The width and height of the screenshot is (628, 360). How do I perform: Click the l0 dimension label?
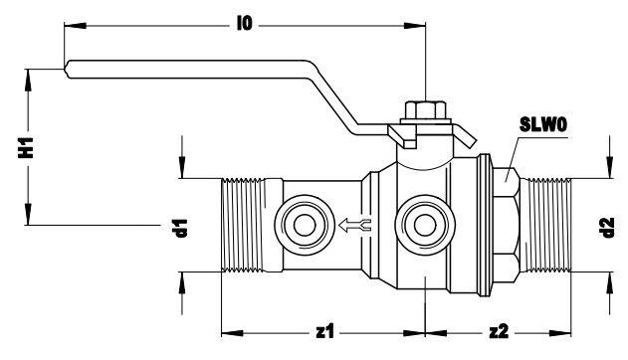[x=245, y=24]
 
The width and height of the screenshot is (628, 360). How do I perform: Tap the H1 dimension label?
[x=26, y=147]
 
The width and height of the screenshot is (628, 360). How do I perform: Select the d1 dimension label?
[x=182, y=228]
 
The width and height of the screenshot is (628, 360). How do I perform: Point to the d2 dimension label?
[x=608, y=228]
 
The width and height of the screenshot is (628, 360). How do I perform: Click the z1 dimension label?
[x=324, y=331]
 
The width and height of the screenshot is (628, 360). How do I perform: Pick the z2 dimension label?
[x=499, y=331]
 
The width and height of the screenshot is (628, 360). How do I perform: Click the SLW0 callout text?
[x=543, y=124]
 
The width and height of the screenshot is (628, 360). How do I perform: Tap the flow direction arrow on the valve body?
[x=355, y=225]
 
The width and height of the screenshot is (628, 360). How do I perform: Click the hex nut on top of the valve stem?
[x=425, y=110]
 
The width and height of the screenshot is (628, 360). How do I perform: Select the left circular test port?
[x=305, y=225]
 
